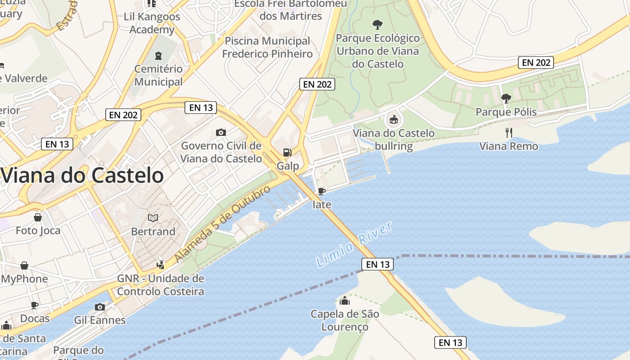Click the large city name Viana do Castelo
82,175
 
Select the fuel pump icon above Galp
287,153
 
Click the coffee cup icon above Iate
321,191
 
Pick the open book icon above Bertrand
153,218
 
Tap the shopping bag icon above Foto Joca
38,217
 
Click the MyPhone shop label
25,279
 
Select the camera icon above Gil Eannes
100,307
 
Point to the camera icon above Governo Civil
220,132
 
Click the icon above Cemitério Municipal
158,56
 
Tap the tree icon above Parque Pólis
506,98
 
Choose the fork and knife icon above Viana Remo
508,132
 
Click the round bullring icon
393,119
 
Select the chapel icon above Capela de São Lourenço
345,301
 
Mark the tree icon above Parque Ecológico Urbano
378,24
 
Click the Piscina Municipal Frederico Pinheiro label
267,48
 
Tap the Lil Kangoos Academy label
152,23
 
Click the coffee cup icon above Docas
35,306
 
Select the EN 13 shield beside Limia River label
378,265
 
